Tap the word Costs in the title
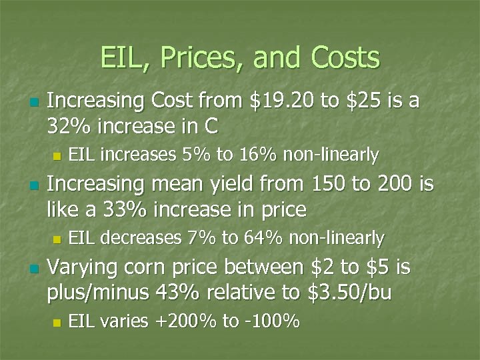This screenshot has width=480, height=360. (x=345, y=58)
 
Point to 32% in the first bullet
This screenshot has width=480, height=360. (x=68, y=125)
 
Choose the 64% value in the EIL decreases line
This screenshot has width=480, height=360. (x=263, y=238)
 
